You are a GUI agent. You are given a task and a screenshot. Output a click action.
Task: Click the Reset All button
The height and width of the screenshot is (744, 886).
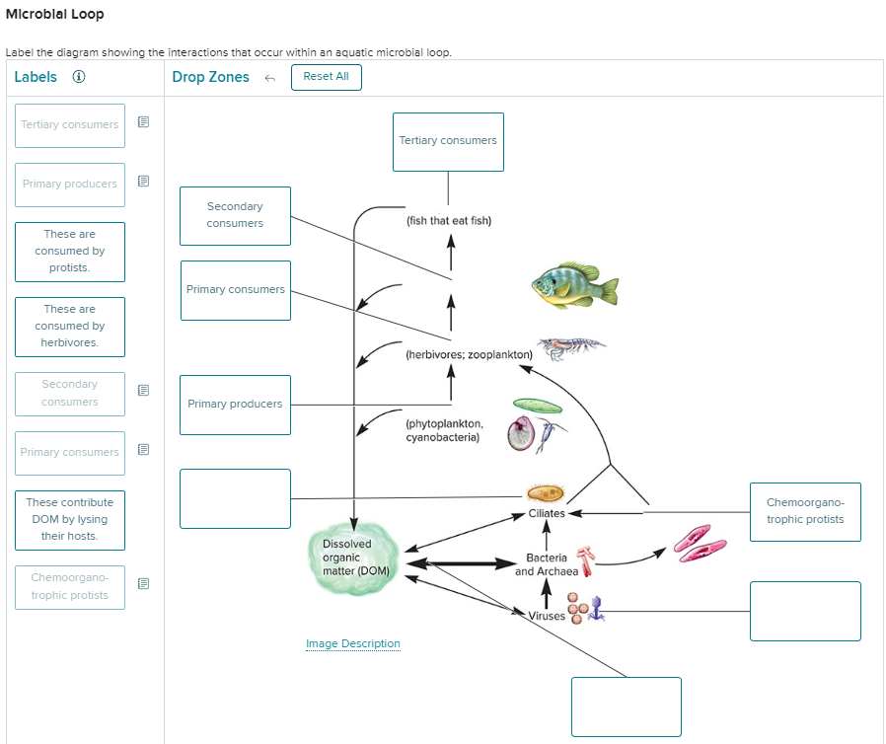tap(326, 77)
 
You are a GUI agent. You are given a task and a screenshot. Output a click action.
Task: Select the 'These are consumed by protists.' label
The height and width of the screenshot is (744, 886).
tap(70, 252)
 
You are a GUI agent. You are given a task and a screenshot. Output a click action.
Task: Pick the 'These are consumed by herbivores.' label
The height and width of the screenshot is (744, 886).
tap(70, 327)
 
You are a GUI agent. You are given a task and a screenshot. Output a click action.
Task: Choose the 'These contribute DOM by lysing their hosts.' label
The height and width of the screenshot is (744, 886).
tap(70, 520)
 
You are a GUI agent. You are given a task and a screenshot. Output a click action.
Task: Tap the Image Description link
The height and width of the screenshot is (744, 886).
tap(353, 644)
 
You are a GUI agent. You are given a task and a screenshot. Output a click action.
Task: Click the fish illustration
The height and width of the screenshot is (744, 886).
tap(574, 286)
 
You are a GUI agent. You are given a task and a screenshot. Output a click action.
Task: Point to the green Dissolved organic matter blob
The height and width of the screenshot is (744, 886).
tap(356, 559)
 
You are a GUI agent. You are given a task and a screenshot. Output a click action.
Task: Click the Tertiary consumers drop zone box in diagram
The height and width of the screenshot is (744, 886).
tap(448, 141)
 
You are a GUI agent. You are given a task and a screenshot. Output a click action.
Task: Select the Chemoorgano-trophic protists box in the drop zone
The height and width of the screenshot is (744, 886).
tap(805, 511)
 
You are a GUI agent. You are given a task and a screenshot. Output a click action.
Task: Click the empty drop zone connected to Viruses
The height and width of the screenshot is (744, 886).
tap(805, 611)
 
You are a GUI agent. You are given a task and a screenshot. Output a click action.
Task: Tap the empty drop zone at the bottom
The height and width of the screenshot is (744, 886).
tap(626, 707)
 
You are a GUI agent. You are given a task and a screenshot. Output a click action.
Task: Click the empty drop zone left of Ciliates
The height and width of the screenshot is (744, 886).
tap(235, 498)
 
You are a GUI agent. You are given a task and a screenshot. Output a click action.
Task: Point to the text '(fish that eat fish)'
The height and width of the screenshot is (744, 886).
tap(448, 221)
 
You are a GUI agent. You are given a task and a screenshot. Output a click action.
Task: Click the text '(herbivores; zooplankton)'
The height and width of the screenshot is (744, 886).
tap(469, 354)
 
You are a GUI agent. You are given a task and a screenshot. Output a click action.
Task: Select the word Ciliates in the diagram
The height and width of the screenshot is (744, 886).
tap(547, 513)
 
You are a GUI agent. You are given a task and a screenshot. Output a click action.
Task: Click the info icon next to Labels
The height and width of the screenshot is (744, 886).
tap(79, 77)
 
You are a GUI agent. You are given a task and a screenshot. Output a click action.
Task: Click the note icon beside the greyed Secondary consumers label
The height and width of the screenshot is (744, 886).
tap(143, 391)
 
